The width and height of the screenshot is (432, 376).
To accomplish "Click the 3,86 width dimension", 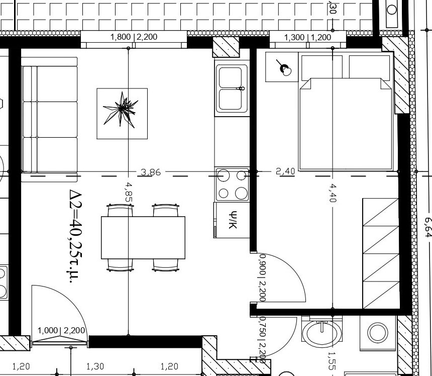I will [151, 172].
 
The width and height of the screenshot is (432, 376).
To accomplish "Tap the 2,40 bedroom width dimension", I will [286, 172].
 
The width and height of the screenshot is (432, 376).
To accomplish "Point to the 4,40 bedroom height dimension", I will [333, 193].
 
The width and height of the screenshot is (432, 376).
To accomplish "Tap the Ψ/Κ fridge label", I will [232, 220].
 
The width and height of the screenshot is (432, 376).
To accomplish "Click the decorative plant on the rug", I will [122, 109].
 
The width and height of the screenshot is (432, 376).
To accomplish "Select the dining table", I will [143, 237].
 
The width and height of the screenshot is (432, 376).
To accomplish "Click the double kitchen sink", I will [232, 89].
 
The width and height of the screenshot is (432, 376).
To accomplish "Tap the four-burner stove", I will [232, 184].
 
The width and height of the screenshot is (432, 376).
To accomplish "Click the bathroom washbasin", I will [322, 333].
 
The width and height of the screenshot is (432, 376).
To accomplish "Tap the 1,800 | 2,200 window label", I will [134, 37].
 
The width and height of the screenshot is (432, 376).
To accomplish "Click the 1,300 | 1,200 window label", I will [307, 37].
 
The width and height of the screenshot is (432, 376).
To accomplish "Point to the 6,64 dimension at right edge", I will [427, 226].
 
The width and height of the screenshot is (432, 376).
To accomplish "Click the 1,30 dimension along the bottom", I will [95, 367].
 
